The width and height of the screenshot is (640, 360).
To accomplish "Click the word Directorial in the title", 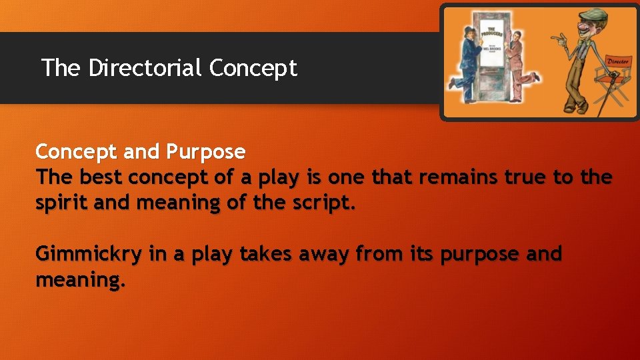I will click(145, 67).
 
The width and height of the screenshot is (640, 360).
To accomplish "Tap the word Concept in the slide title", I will click(253, 68).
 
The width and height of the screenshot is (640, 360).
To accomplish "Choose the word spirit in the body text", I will click(62, 203).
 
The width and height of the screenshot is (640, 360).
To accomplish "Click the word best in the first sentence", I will click(101, 177).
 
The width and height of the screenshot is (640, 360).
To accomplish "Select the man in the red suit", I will click(519, 60).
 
